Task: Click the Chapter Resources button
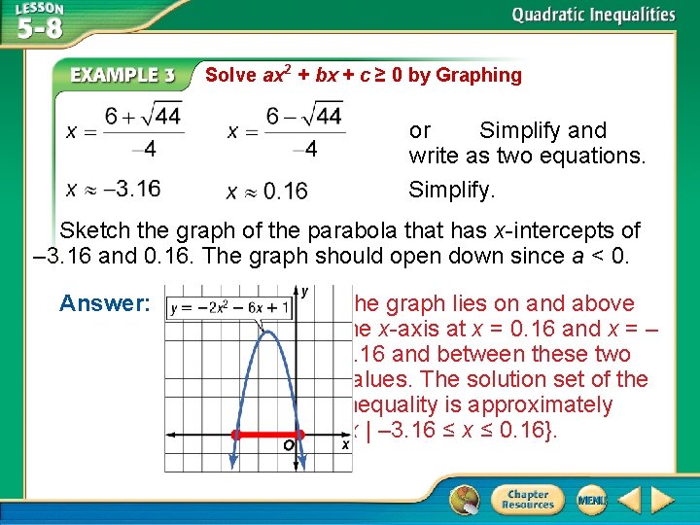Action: pyautogui.click(x=527, y=501)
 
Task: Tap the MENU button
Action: pyautogui.click(x=590, y=501)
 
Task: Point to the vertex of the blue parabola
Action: pyautogui.click(x=266, y=332)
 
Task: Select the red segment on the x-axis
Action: pyautogui.click(x=267, y=434)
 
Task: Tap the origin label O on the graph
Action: pyautogui.click(x=289, y=446)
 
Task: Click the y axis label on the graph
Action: pyautogui.click(x=305, y=291)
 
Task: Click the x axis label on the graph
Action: pyautogui.click(x=345, y=444)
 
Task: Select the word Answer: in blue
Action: pyautogui.click(x=104, y=303)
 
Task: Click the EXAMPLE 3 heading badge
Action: pyautogui.click(x=130, y=75)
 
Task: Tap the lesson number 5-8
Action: pyautogui.click(x=39, y=28)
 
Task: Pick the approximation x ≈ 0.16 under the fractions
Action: pyautogui.click(x=266, y=191)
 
